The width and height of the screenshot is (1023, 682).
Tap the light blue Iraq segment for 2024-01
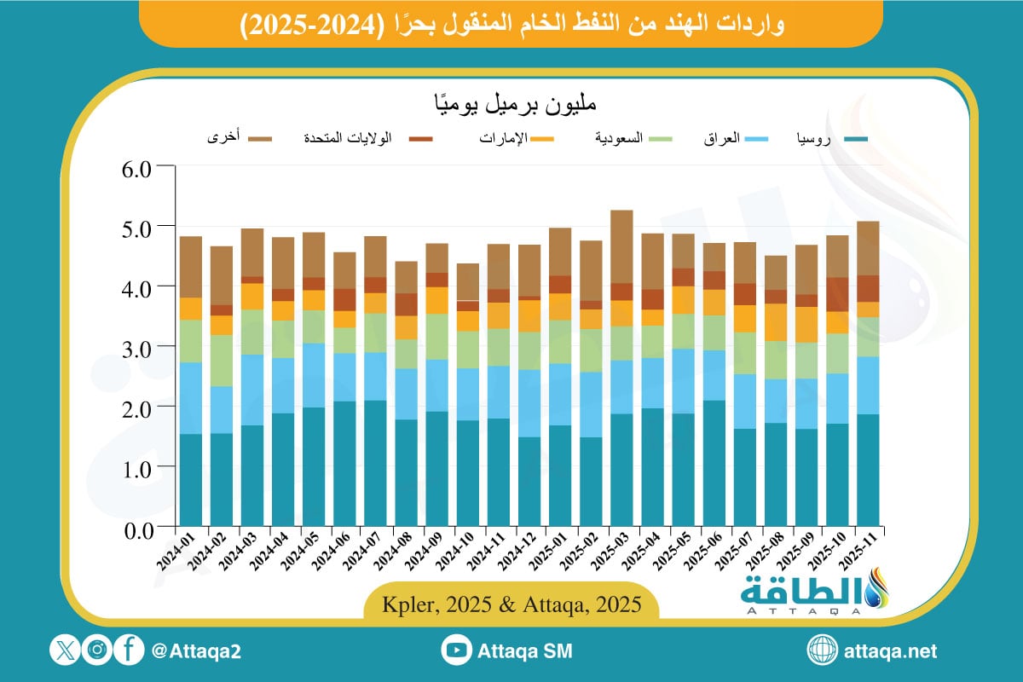(x=190, y=398)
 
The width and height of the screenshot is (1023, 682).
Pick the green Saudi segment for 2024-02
(x=221, y=361)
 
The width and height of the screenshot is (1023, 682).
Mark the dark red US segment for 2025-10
(x=837, y=295)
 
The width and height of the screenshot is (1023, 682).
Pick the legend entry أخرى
(x=224, y=137)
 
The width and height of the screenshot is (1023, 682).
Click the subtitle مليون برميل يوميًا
(x=511, y=105)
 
